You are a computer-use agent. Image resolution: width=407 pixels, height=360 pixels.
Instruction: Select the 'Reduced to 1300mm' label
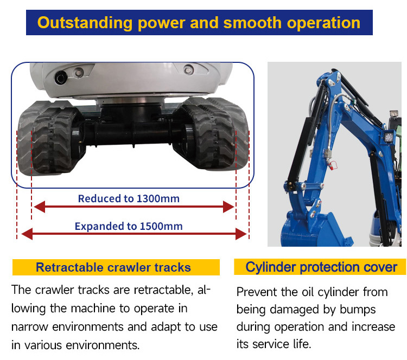129,198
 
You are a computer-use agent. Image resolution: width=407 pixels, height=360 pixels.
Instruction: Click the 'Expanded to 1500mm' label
129,226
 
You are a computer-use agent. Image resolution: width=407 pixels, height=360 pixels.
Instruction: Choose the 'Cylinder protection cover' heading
321,267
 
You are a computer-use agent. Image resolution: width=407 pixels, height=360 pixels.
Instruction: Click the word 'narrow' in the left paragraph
27,327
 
